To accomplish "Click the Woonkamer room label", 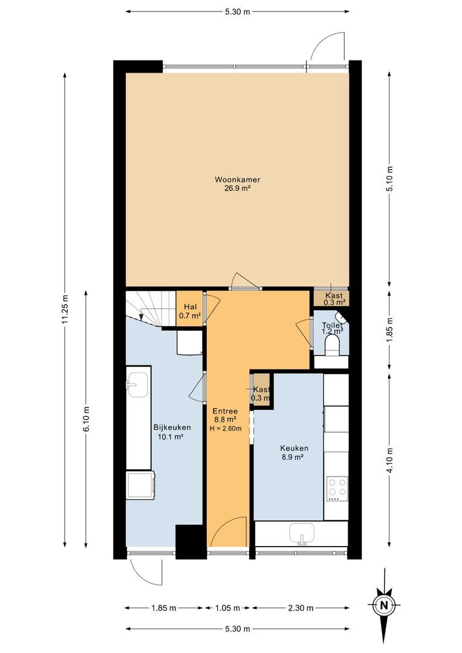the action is [x=238, y=180].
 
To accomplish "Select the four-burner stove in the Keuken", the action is [x=337, y=489].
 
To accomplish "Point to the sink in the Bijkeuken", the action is [x=137, y=384].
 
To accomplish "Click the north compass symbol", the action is [x=384, y=605].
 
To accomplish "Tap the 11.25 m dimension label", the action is [x=64, y=308].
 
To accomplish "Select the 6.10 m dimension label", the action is [x=86, y=418].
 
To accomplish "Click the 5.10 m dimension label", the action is [x=389, y=178].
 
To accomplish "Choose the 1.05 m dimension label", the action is [x=227, y=608].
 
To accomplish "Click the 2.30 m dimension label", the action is [x=301, y=608].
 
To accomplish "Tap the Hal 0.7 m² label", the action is [x=190, y=311].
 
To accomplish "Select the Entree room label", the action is [x=225, y=411].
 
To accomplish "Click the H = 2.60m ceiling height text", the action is [x=226, y=428].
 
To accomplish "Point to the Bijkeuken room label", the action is [x=172, y=427].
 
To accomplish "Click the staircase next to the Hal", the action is [x=151, y=308].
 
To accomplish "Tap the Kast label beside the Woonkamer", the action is [x=334, y=296].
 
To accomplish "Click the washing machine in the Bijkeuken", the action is [x=141, y=484].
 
